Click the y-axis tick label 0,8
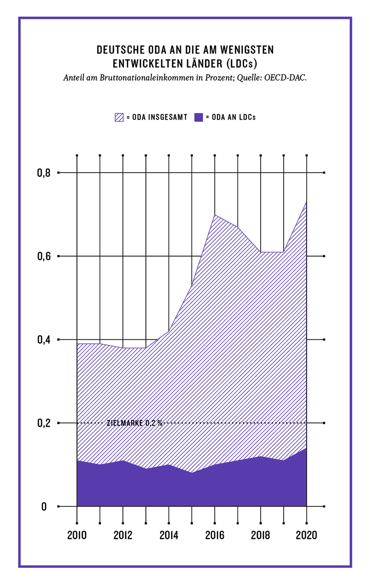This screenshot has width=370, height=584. click(44, 173)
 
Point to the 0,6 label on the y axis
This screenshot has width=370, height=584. click(44, 256)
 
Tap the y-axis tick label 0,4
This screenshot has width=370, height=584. click(44, 340)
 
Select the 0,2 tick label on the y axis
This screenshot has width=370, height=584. click(44, 423)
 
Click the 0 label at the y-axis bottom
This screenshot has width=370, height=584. click(44, 507)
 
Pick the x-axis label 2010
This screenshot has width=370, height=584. click(77, 535)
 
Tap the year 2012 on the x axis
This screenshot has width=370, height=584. click(123, 535)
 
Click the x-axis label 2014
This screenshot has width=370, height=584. click(169, 535)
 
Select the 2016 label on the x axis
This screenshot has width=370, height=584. click(215, 535)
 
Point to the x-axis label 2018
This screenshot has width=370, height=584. click(261, 535)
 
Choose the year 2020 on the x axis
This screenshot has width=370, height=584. click(306, 535)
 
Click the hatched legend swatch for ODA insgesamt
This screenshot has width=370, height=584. click(119, 117)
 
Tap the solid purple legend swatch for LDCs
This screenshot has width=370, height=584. click(199, 117)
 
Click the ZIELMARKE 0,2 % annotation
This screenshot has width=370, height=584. click(135, 423)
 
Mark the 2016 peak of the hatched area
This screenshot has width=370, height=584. click(215, 215)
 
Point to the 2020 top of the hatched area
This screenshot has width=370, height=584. click(306, 202)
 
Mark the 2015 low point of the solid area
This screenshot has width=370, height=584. click(192, 473)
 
